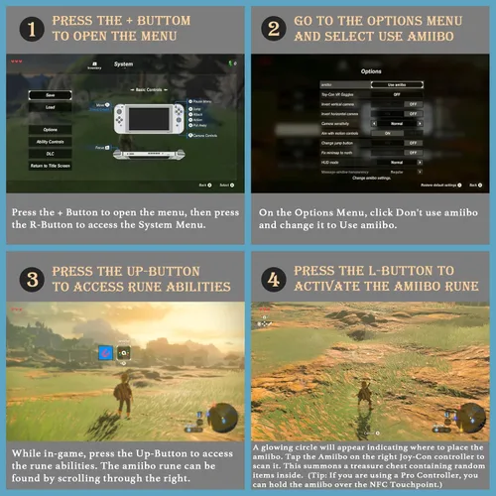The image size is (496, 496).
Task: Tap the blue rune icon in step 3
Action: click(102, 352)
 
